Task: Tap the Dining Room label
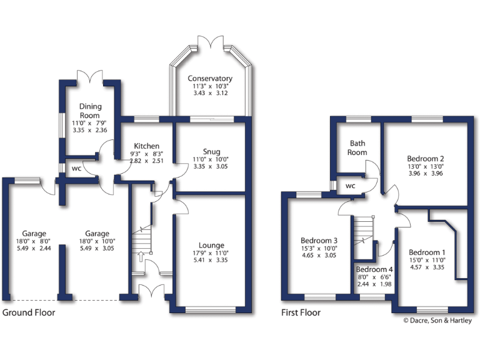click(x=90, y=111)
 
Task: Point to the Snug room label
click(x=211, y=151)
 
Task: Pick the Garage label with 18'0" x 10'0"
click(x=97, y=234)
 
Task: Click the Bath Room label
click(x=357, y=147)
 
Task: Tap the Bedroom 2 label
click(x=425, y=158)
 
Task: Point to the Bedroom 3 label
click(x=319, y=241)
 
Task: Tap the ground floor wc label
click(x=76, y=169)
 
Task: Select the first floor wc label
click(x=351, y=186)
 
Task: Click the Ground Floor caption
click(x=29, y=312)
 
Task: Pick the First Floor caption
click(x=301, y=312)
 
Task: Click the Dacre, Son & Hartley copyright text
click(x=437, y=321)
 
